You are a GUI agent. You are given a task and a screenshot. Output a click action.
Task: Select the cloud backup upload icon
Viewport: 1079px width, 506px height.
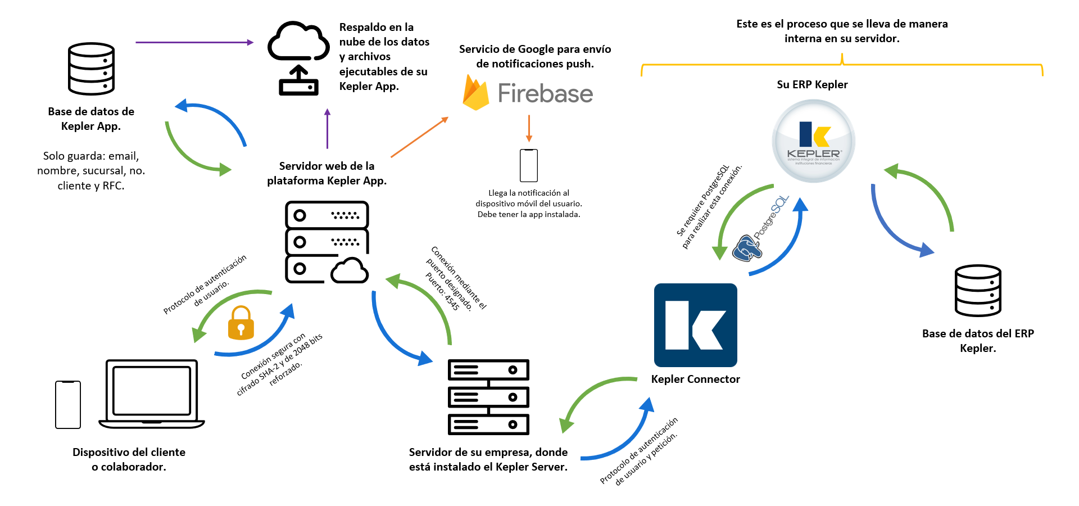(x=298, y=58)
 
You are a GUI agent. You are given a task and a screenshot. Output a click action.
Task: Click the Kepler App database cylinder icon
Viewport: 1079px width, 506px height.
(x=91, y=69)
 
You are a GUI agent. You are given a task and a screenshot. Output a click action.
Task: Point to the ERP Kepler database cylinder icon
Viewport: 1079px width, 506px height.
(x=978, y=291)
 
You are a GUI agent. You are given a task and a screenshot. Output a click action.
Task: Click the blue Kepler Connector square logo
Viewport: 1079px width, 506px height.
(x=696, y=325)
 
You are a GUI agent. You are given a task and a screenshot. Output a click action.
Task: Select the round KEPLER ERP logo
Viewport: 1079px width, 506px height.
(x=813, y=141)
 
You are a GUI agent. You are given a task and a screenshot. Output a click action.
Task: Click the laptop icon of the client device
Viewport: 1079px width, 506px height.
(x=152, y=394)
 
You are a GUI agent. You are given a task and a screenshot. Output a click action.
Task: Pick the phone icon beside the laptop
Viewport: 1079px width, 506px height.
(x=68, y=405)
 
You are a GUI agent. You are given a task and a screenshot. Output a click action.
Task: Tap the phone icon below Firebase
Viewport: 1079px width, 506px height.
(x=529, y=165)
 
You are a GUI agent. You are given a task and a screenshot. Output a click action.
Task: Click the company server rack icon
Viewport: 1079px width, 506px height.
(x=488, y=397)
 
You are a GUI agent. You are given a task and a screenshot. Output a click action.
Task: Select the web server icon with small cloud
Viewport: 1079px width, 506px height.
(x=327, y=242)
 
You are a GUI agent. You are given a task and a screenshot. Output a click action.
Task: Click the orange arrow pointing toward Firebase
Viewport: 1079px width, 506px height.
(x=419, y=137)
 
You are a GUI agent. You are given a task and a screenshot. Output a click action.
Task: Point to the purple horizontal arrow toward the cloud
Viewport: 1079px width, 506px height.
(x=194, y=42)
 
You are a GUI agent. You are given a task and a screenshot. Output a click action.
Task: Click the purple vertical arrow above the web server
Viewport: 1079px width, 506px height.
(x=327, y=129)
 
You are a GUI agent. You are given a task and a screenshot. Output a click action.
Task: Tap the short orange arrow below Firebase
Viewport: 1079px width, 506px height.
(x=529, y=129)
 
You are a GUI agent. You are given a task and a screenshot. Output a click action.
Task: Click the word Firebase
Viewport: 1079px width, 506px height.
(x=545, y=93)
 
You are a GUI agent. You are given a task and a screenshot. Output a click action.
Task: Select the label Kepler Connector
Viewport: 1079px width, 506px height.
(x=695, y=379)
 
